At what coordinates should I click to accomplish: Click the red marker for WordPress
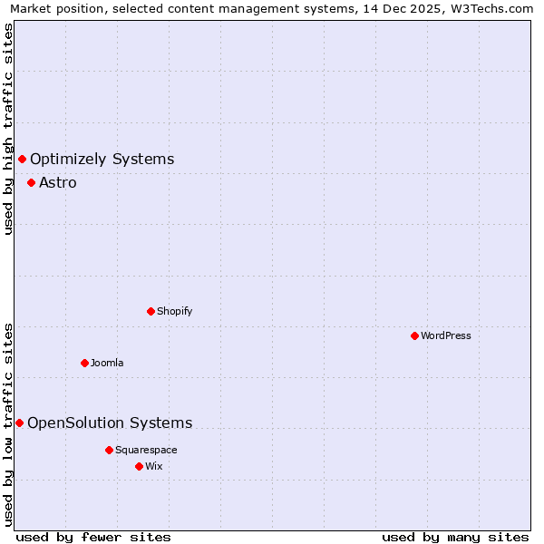[414, 335]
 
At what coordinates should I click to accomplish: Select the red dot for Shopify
[151, 311]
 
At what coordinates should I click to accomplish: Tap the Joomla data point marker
[84, 363]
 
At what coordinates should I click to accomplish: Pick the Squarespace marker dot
[109, 450]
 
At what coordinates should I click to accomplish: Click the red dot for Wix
[139, 466]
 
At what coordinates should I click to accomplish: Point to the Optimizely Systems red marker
[22, 160]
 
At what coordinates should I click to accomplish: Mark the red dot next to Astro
[31, 182]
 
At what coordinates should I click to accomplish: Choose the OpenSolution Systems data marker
[19, 423]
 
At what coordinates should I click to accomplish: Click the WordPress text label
[445, 335]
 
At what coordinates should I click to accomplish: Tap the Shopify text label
[174, 311]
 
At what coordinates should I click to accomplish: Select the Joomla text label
[107, 363]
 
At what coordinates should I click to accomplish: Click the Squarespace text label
[146, 450]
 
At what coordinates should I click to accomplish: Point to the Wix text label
[154, 466]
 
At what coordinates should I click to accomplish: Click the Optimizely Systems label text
[102, 160]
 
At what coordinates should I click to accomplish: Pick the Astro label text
[58, 182]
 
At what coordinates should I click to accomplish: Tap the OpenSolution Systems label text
[110, 423]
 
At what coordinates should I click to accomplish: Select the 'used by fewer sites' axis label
[93, 537]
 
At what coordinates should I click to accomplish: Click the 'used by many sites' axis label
[455, 537]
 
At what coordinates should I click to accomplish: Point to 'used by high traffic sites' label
[8, 129]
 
